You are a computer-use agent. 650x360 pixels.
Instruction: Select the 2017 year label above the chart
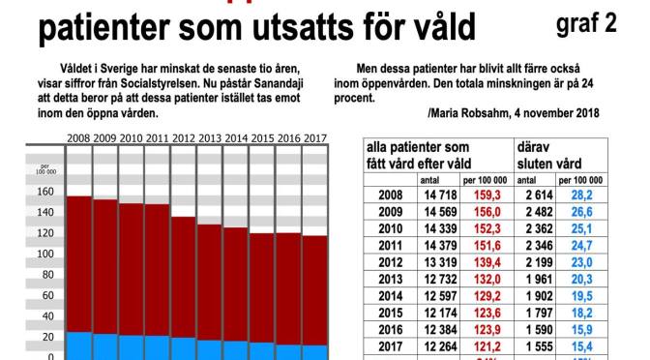pyautogui.click(x=314, y=138)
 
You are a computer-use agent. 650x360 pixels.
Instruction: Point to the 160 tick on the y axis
pyautogui.click(x=44, y=192)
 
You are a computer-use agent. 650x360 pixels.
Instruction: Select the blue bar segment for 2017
pyautogui.click(x=314, y=351)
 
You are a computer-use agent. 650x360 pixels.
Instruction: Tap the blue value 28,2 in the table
pyautogui.click(x=580, y=195)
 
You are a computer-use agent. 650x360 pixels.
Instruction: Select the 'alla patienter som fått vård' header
pyautogui.click(x=430, y=155)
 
